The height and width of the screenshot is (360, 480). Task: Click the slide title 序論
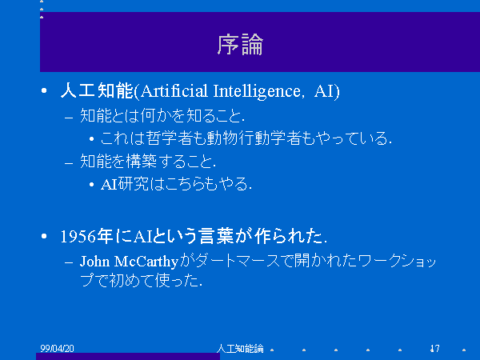point(240,45)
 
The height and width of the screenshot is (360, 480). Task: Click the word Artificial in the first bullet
point(174,91)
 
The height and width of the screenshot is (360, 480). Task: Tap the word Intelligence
point(257,91)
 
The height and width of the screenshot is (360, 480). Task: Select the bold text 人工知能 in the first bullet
point(97,90)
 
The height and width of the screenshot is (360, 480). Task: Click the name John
point(95,262)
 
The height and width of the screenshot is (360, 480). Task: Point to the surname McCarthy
point(146,262)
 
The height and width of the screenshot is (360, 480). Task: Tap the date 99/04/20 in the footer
point(58,348)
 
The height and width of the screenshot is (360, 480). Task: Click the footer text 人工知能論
point(240,348)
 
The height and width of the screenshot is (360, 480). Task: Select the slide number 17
point(434,348)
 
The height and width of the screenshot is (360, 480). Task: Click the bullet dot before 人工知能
point(44,90)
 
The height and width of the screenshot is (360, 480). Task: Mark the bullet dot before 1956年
point(44,236)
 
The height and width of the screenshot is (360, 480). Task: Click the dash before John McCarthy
point(69,262)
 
